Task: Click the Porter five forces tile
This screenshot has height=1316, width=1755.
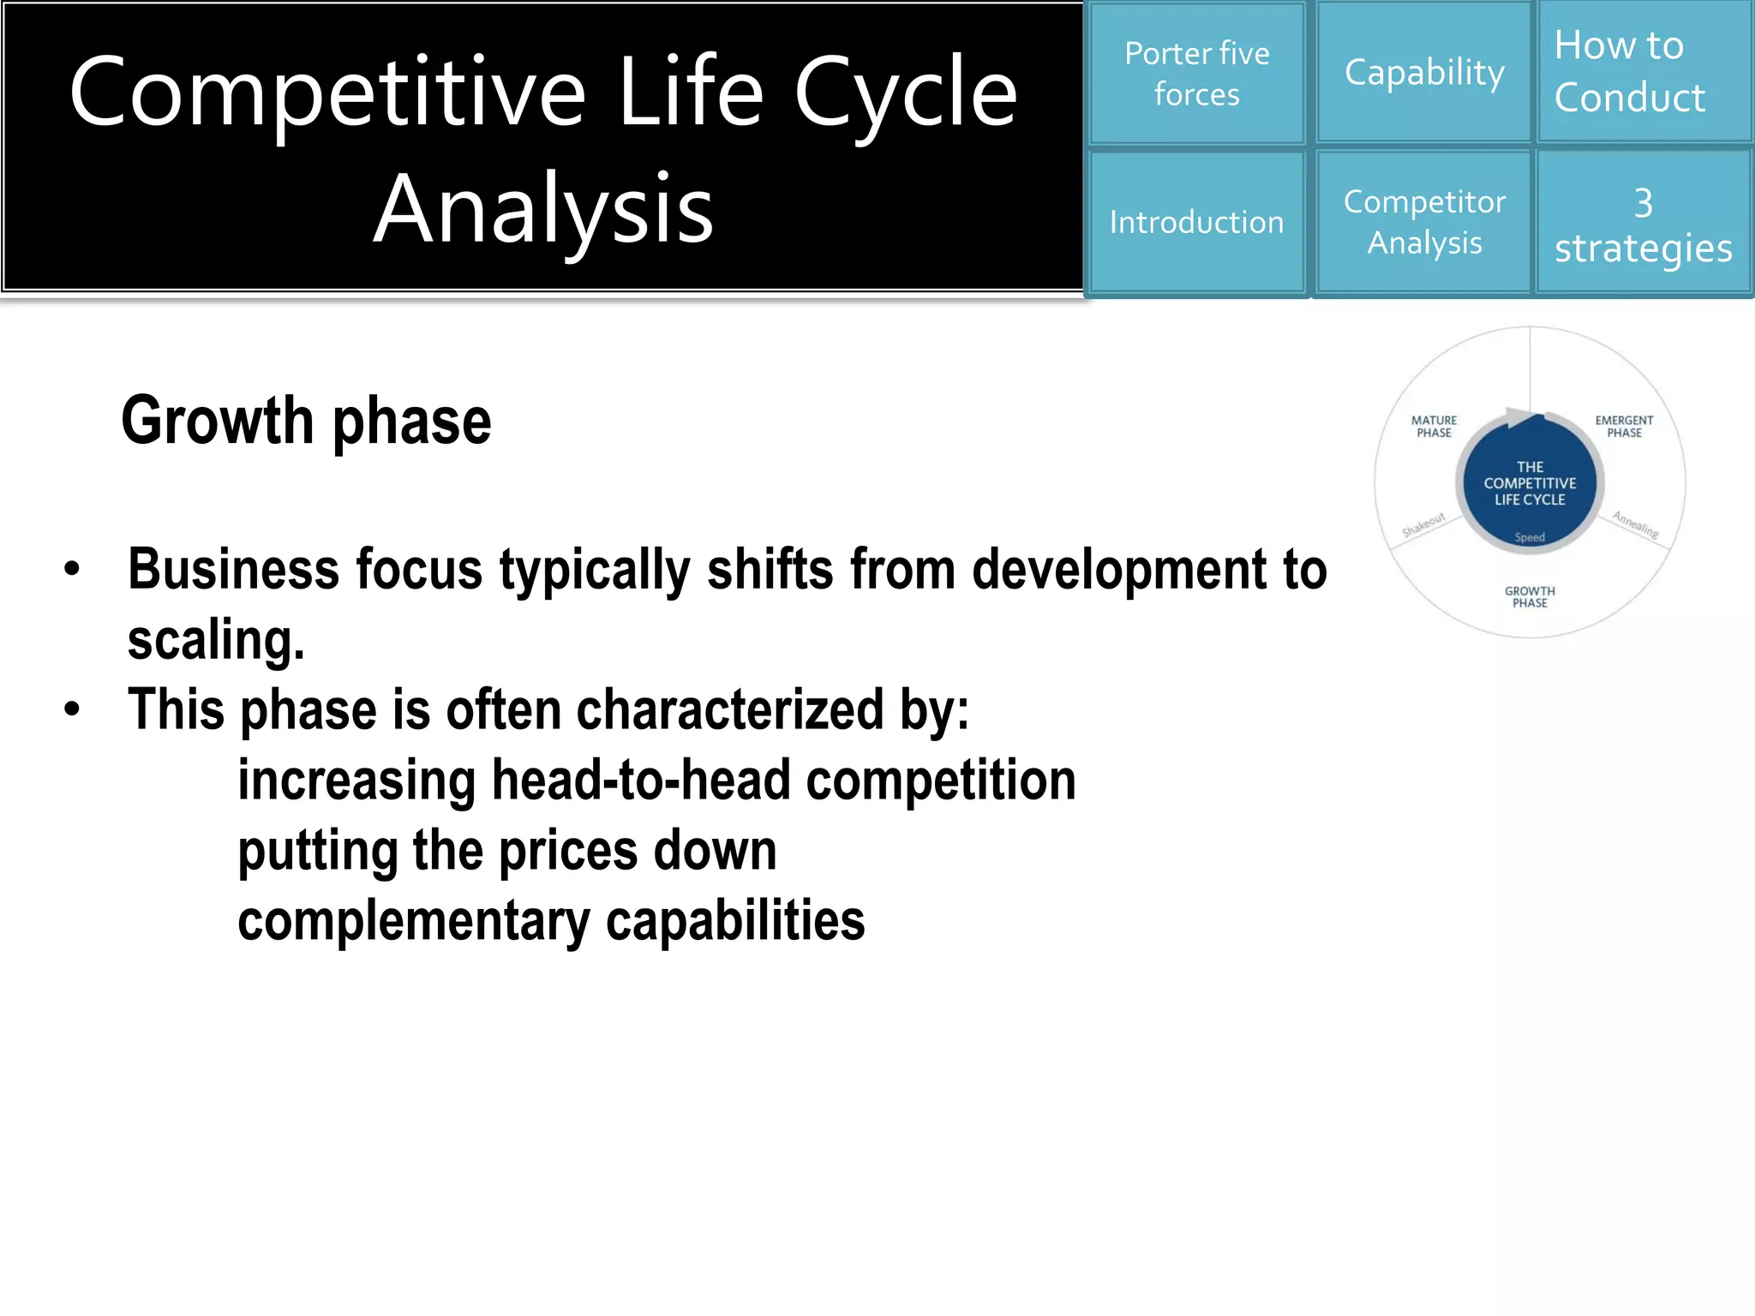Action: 1196,74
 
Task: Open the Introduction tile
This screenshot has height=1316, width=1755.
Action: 1196,222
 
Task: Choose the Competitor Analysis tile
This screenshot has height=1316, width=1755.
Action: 1424,222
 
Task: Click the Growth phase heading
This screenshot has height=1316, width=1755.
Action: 306,421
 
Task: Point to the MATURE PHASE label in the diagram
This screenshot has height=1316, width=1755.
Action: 1434,427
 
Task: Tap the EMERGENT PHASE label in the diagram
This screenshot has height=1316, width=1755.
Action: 1624,427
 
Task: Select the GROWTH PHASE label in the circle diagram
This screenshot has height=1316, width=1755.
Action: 1530,597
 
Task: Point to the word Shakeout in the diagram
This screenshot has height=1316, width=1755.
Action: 1423,524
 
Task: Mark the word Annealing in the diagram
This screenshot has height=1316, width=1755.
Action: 1635,524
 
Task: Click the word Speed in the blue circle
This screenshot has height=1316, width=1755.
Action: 1530,537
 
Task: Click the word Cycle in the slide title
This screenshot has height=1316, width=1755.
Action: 906,93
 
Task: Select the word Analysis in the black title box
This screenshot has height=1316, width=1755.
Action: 543,208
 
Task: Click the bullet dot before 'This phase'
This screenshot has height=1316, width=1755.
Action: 72,709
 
